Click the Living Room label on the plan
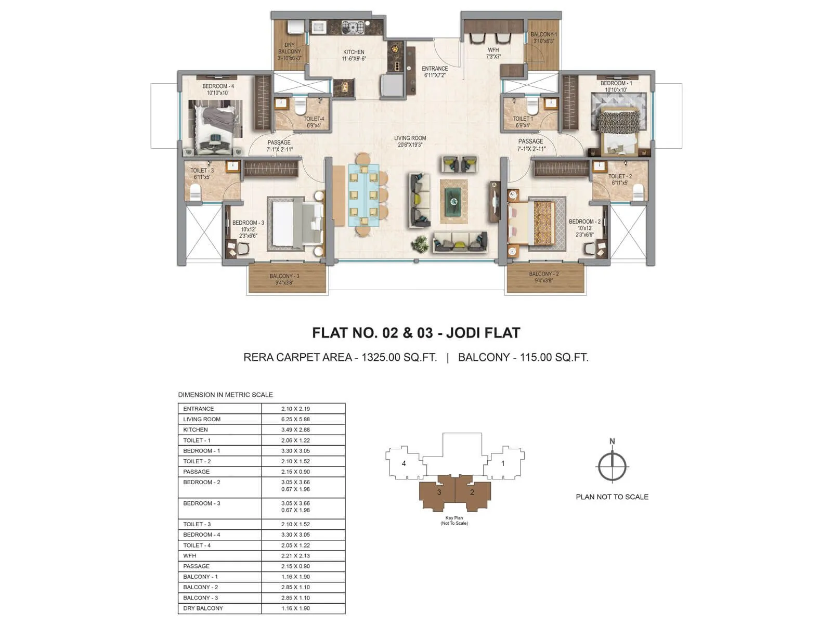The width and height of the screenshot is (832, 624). tap(410, 141)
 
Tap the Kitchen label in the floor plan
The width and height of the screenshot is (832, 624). tap(354, 55)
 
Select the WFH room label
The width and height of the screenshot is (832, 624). tap(493, 53)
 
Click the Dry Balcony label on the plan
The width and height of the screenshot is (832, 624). tap(289, 51)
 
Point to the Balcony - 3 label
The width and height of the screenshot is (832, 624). tap(284, 279)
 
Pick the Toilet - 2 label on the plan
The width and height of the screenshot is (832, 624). tap(620, 179)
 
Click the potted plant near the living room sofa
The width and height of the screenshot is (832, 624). tap(420, 243)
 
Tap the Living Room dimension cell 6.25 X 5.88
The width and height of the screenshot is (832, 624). tap(295, 419)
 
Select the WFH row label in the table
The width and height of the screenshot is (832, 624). tap(190, 556)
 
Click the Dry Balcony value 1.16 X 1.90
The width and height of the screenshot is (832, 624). tap(295, 608)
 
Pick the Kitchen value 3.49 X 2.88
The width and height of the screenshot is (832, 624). tap(295, 430)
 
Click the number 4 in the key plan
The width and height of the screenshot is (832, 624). tap(404, 463)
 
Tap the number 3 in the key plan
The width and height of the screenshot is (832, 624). tap(439, 492)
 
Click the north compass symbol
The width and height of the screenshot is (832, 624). tap(612, 466)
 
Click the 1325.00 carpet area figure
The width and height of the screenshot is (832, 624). tap(384, 357)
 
